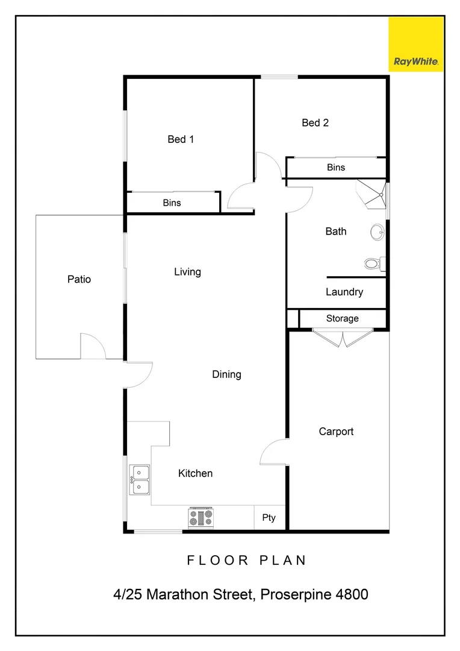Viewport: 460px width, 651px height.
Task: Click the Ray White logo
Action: coord(416,44)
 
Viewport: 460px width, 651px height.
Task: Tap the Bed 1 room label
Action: coord(181,139)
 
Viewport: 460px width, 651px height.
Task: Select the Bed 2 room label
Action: coord(315,123)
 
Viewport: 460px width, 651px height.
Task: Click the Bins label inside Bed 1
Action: coord(172,203)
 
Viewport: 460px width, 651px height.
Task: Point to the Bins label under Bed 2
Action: coord(336,168)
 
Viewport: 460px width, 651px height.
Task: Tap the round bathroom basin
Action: coord(377,231)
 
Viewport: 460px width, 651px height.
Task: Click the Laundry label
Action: coord(344,292)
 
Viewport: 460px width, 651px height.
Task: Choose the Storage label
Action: coord(342,318)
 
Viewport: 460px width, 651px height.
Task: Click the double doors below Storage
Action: coord(343,338)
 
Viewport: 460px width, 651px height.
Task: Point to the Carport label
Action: coord(336,432)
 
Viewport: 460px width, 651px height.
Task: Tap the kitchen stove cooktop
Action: coord(201,517)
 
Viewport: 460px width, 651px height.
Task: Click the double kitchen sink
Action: coord(140,479)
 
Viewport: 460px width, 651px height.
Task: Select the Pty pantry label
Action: coord(269,518)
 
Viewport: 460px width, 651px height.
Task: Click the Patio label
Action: coord(79,279)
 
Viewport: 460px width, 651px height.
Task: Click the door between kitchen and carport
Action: coord(275,452)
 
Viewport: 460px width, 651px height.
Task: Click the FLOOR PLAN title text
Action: coord(247,560)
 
